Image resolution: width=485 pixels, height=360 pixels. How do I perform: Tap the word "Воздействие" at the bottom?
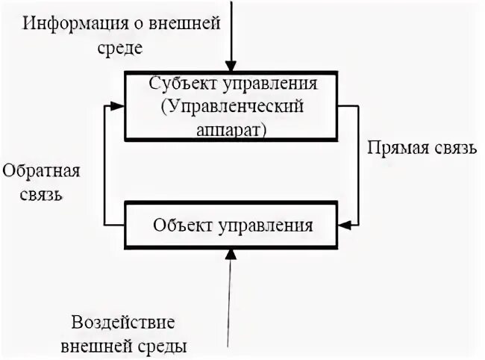[123, 323]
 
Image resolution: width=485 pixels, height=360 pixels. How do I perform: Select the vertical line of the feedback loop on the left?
[105, 164]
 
